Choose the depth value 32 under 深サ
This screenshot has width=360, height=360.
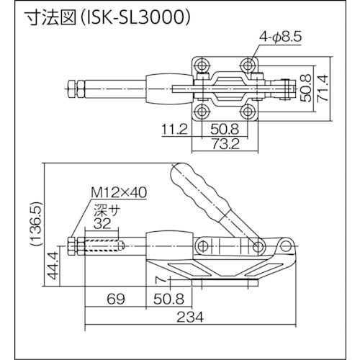102,224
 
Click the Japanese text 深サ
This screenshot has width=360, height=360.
102,212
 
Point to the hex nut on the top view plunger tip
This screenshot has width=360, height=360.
78,89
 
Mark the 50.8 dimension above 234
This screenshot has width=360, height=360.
168,297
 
